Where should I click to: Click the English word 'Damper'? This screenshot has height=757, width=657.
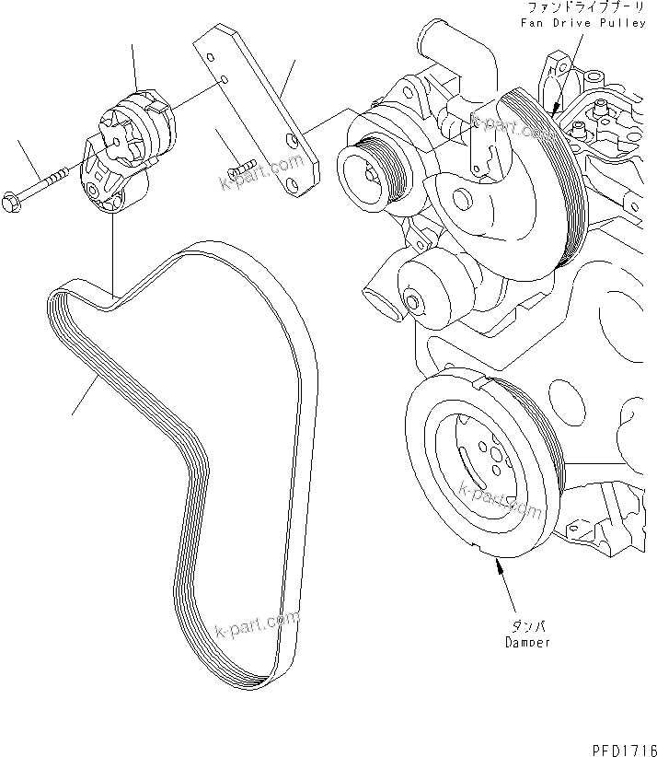527,643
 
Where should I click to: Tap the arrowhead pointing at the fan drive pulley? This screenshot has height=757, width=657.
555,109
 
